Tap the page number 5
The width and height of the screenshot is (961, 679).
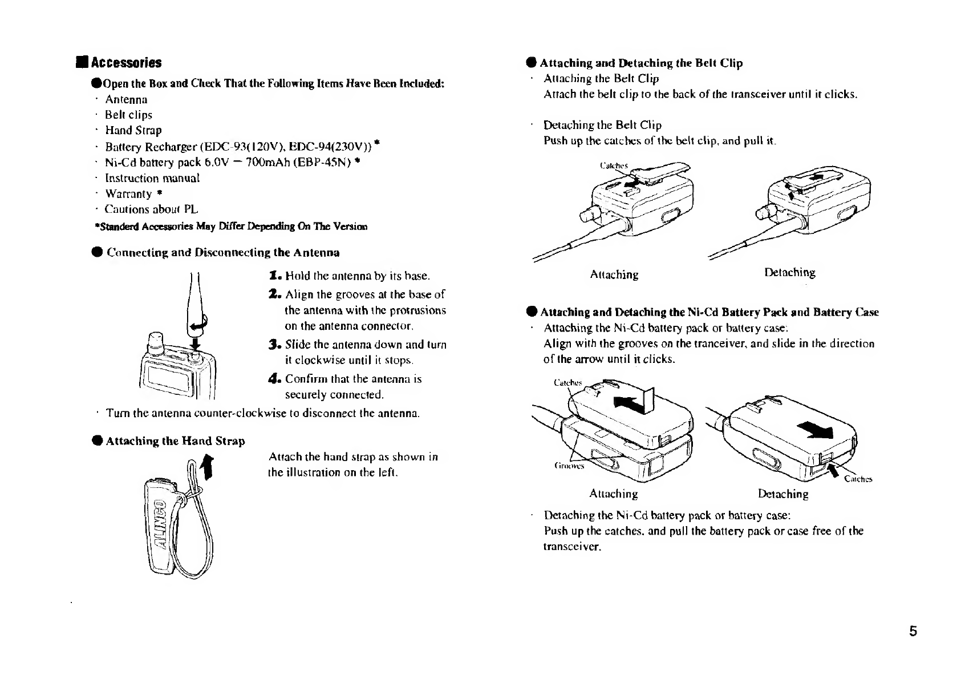click(x=913, y=632)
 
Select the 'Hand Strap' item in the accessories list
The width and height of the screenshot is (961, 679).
click(x=133, y=131)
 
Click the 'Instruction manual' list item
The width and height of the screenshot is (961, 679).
click(x=152, y=178)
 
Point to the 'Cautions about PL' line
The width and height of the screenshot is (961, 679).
click(x=151, y=209)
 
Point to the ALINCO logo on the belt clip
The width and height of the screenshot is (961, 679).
click(x=161, y=524)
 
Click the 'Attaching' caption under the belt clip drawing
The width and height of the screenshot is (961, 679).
click(x=614, y=275)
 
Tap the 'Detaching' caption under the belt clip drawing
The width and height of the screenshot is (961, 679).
click(x=789, y=273)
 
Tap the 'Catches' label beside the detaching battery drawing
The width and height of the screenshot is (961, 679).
click(x=858, y=479)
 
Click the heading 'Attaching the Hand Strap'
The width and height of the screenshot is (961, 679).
click(x=175, y=441)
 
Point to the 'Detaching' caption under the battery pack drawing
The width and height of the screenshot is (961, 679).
click(x=783, y=494)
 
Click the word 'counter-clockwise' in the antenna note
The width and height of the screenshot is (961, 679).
click(x=241, y=413)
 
